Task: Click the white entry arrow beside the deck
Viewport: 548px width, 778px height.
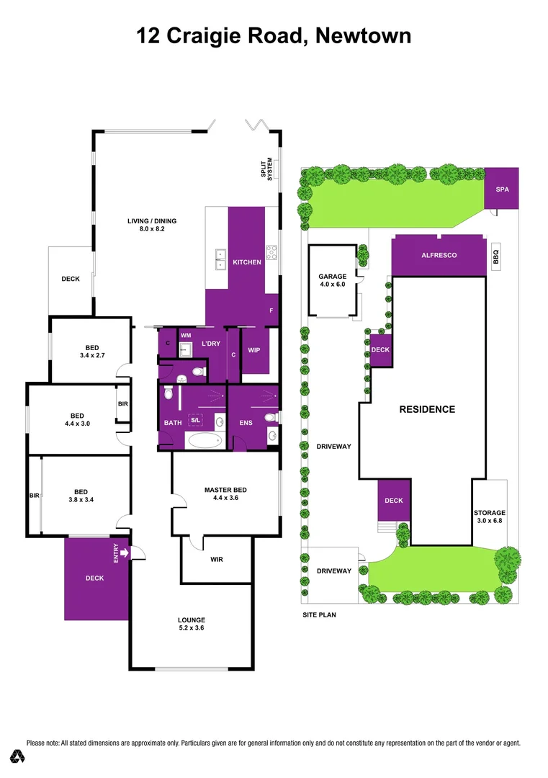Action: [125, 553]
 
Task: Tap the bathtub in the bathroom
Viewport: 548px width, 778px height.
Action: [204, 440]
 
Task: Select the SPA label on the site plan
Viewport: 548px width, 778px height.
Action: [501, 189]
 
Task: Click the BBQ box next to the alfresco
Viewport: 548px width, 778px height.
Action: [496, 255]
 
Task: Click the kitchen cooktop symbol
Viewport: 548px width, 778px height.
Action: [272, 252]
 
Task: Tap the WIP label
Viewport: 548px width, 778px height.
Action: [253, 351]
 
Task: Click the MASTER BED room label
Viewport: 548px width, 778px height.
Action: [225, 493]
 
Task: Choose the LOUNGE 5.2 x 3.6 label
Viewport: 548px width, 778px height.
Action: [192, 624]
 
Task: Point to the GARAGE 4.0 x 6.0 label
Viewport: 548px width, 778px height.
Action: [332, 280]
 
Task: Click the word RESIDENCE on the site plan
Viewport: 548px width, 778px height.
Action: [427, 409]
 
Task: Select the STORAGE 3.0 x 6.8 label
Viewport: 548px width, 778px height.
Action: [490, 517]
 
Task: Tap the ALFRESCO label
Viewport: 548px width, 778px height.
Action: [439, 255]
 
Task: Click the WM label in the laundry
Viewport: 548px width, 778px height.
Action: [185, 335]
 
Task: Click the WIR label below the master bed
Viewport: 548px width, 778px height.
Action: [217, 559]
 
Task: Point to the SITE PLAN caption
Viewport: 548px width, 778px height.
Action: [319, 615]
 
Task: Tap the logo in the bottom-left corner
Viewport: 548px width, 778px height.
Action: [17, 756]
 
